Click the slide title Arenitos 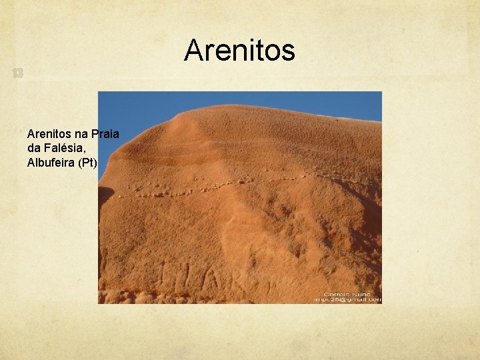click(x=239, y=50)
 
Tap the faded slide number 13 click(x=16, y=74)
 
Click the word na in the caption click(x=83, y=135)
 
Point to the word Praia click(x=107, y=135)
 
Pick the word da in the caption click(x=35, y=149)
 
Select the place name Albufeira click(x=51, y=163)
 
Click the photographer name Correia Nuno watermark click(x=346, y=293)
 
